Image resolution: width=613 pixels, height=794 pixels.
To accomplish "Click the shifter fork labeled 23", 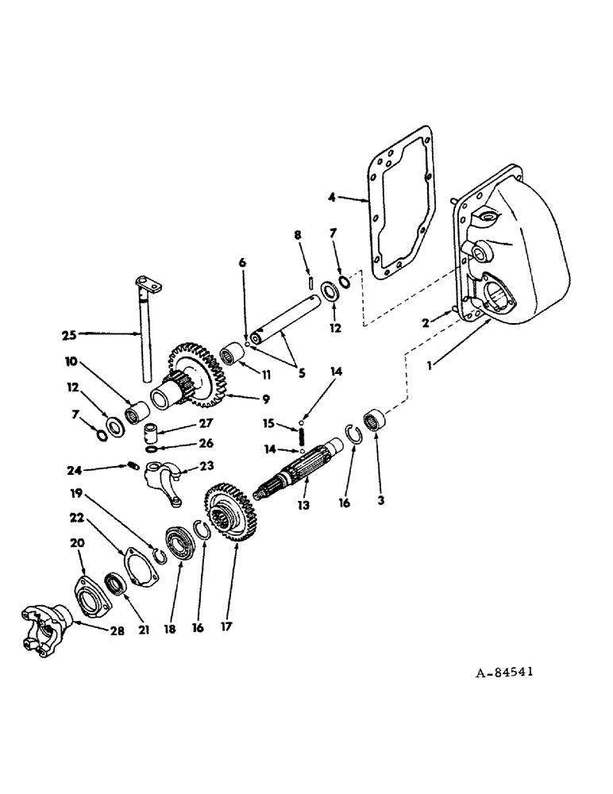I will pyautogui.click(x=159, y=484).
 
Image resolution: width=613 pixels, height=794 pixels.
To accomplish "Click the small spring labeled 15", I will pyautogui.click(x=303, y=435).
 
